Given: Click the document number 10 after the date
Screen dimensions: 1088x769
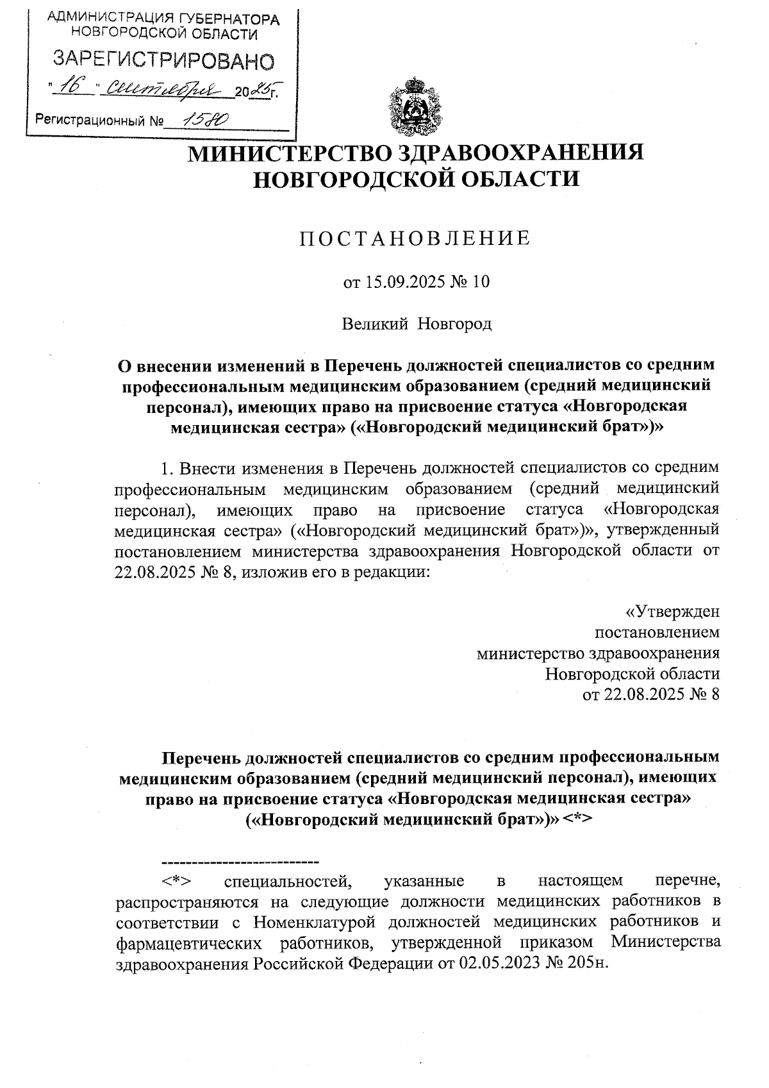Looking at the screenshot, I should tap(480, 282).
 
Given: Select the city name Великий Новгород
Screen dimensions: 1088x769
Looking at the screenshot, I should tap(416, 324).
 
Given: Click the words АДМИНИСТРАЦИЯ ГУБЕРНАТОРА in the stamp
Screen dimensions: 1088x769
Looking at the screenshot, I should tap(164, 20).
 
